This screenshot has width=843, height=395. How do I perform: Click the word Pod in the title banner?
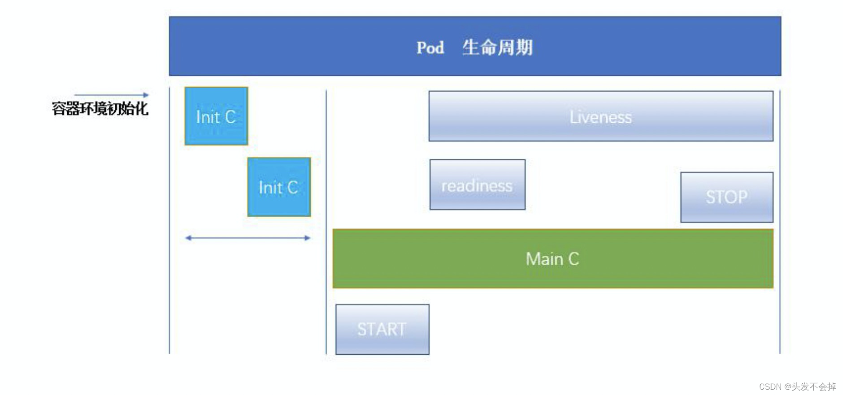coord(430,47)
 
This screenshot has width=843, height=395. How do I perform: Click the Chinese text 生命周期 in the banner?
coord(497,47)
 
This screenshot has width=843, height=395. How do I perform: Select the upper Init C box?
coord(216,116)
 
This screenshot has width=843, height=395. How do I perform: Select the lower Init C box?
coord(279,187)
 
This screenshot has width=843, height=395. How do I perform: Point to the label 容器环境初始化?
coord(100,108)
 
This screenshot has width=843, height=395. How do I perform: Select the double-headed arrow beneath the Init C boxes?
coord(248,238)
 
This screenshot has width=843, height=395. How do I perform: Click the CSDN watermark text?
coord(770,386)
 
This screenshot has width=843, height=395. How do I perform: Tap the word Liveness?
coord(601,117)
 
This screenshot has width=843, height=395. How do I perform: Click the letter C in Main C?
coord(574,259)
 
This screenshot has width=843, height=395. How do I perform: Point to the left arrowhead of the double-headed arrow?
coord(188,238)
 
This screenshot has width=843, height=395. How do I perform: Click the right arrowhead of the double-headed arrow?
coord(308,238)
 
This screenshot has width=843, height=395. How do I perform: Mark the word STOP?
coord(726,197)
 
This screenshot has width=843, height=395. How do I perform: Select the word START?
coord(382,329)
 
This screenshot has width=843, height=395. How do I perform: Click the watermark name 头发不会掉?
coord(813,386)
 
